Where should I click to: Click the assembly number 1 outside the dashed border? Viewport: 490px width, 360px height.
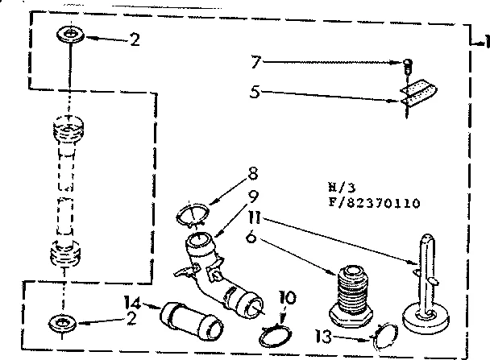click(484, 41)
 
